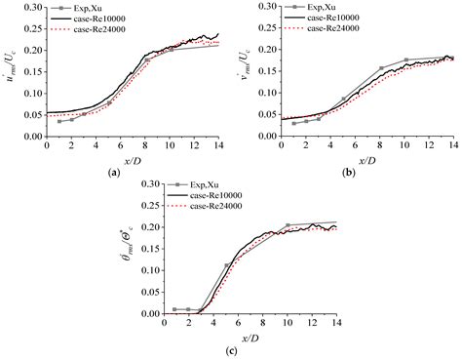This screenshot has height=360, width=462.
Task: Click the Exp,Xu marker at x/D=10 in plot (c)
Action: pos(288,225)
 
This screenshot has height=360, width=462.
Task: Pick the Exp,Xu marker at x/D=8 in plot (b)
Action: pos(382,68)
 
